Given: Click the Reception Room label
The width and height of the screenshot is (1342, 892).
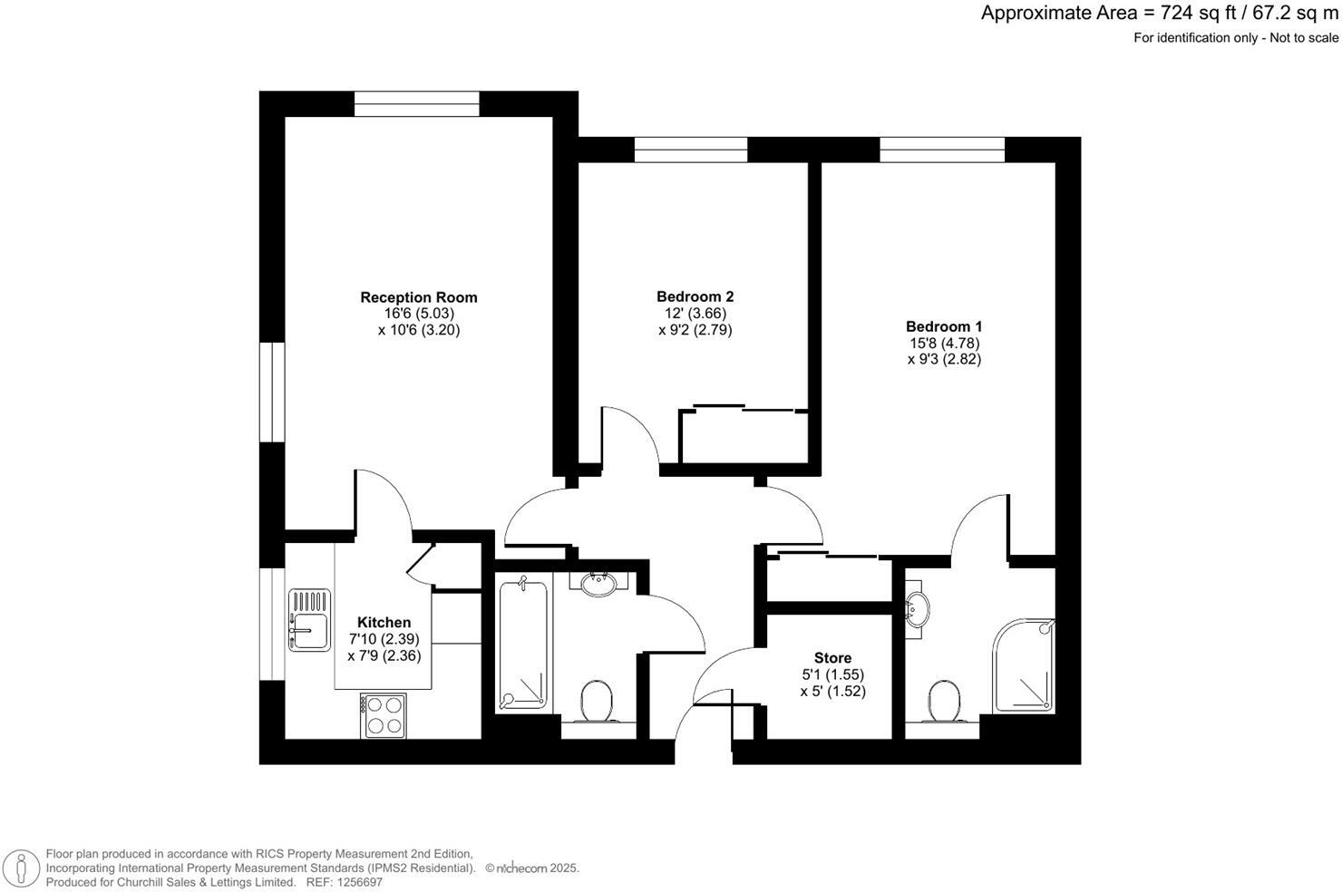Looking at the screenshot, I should pyautogui.click(x=418, y=297).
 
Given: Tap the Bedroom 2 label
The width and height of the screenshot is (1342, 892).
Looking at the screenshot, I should pyautogui.click(x=695, y=296).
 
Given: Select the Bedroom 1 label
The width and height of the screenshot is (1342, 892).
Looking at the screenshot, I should pyautogui.click(x=944, y=326).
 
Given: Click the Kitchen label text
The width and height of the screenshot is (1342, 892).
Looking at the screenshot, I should pyautogui.click(x=384, y=623).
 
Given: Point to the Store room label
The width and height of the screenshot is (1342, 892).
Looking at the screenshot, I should pyautogui.click(x=832, y=658).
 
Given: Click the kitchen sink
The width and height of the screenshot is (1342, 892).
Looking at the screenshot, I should pyautogui.click(x=309, y=620).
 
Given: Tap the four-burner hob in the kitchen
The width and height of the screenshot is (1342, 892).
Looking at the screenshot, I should pyautogui.click(x=383, y=714).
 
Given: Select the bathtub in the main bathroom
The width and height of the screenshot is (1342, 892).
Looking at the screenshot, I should pyautogui.click(x=523, y=645).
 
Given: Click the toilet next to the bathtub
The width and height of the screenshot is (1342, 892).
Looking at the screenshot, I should pyautogui.click(x=597, y=702).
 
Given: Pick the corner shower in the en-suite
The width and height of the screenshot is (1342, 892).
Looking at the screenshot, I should pyautogui.click(x=1026, y=666).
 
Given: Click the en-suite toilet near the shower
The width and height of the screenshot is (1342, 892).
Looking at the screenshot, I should pyautogui.click(x=944, y=701).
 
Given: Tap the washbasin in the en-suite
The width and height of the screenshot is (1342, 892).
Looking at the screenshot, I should pyautogui.click(x=918, y=609).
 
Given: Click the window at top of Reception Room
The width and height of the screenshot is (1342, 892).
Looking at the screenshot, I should pyautogui.click(x=416, y=104).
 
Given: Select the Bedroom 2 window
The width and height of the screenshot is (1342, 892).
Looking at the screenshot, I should pyautogui.click(x=690, y=150).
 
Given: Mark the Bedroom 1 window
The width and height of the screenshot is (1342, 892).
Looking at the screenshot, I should pyautogui.click(x=941, y=150).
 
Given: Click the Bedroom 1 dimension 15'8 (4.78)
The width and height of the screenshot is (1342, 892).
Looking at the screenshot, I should pyautogui.click(x=944, y=343).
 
